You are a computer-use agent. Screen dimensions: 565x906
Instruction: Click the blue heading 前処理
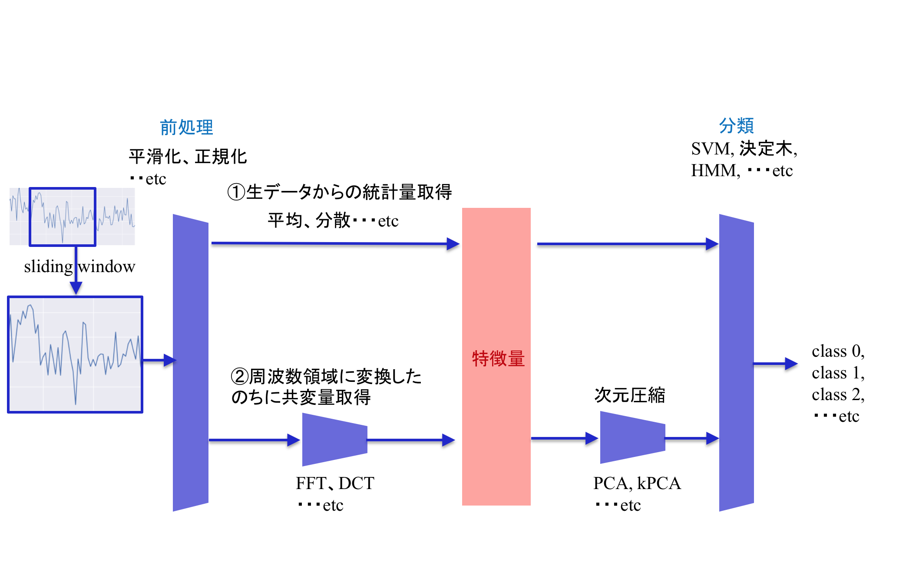tap(186, 128)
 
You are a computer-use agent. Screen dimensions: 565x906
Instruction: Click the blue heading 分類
tap(736, 126)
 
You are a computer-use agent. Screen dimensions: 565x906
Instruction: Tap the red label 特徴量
tap(498, 359)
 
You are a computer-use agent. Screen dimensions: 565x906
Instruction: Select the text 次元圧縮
tap(629, 395)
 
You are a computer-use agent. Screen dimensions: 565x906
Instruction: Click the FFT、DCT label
tap(334, 483)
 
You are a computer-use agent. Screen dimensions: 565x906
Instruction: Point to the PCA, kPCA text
tap(637, 483)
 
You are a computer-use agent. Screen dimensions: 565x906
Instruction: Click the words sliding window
tap(79, 266)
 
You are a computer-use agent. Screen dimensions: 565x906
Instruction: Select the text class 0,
tap(838, 351)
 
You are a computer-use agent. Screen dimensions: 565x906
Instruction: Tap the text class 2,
tap(838, 394)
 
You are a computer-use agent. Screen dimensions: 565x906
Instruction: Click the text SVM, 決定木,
tap(744, 149)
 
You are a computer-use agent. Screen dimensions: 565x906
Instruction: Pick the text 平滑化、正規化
tap(188, 157)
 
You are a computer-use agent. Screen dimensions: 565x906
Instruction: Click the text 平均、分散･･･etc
tap(333, 221)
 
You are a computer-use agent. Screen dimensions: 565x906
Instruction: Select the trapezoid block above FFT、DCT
tap(334, 440)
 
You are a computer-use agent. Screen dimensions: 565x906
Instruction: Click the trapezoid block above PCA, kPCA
tap(632, 437)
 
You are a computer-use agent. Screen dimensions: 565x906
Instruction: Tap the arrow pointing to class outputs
tap(775, 364)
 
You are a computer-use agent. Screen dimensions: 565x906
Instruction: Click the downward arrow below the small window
tap(76, 278)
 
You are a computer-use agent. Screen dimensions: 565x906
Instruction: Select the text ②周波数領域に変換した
tap(326, 376)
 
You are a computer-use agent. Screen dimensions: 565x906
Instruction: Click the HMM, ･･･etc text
tap(741, 171)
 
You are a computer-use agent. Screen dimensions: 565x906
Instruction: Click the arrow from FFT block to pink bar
tap(410, 440)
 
